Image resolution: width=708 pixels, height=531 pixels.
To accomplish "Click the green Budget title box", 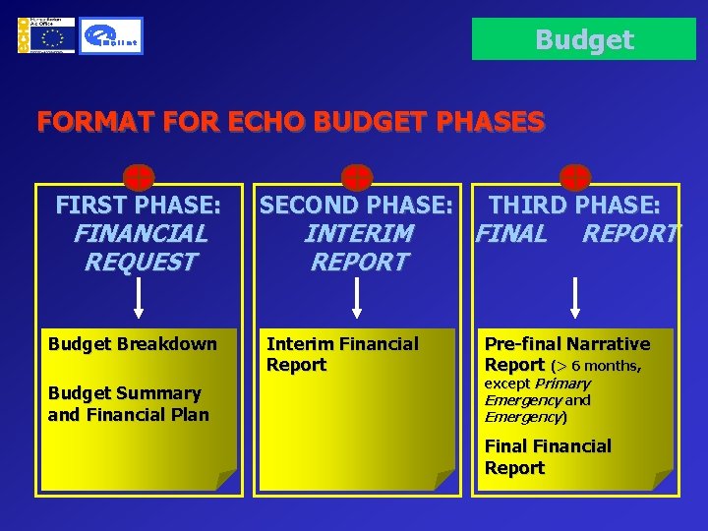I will [x=584, y=39].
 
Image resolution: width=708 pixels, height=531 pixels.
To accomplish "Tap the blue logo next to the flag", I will [x=111, y=36].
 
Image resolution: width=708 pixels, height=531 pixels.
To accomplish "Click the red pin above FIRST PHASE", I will [x=139, y=178].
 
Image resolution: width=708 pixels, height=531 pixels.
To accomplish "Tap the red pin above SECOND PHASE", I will [x=357, y=178].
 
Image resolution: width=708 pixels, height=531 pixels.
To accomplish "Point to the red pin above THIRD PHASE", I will [x=575, y=178].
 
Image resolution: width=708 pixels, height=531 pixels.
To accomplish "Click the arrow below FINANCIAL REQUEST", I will [x=139, y=297].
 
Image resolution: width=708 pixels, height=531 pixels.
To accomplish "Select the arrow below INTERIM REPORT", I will [x=358, y=297].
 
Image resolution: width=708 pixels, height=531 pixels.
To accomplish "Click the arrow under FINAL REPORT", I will [x=575, y=297].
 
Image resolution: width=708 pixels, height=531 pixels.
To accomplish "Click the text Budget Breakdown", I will [x=132, y=343].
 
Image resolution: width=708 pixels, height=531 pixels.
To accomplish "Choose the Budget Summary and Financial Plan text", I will [x=128, y=404].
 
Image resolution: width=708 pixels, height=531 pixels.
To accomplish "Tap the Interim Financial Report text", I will [x=342, y=354].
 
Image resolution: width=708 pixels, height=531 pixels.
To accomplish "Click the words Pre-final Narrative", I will [x=566, y=343].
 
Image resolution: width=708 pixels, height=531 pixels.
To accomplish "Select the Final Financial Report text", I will [x=547, y=457].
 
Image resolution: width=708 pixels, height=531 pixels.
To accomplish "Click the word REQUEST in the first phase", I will [x=140, y=263].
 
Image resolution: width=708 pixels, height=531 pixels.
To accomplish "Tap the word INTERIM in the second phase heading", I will [x=358, y=234].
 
